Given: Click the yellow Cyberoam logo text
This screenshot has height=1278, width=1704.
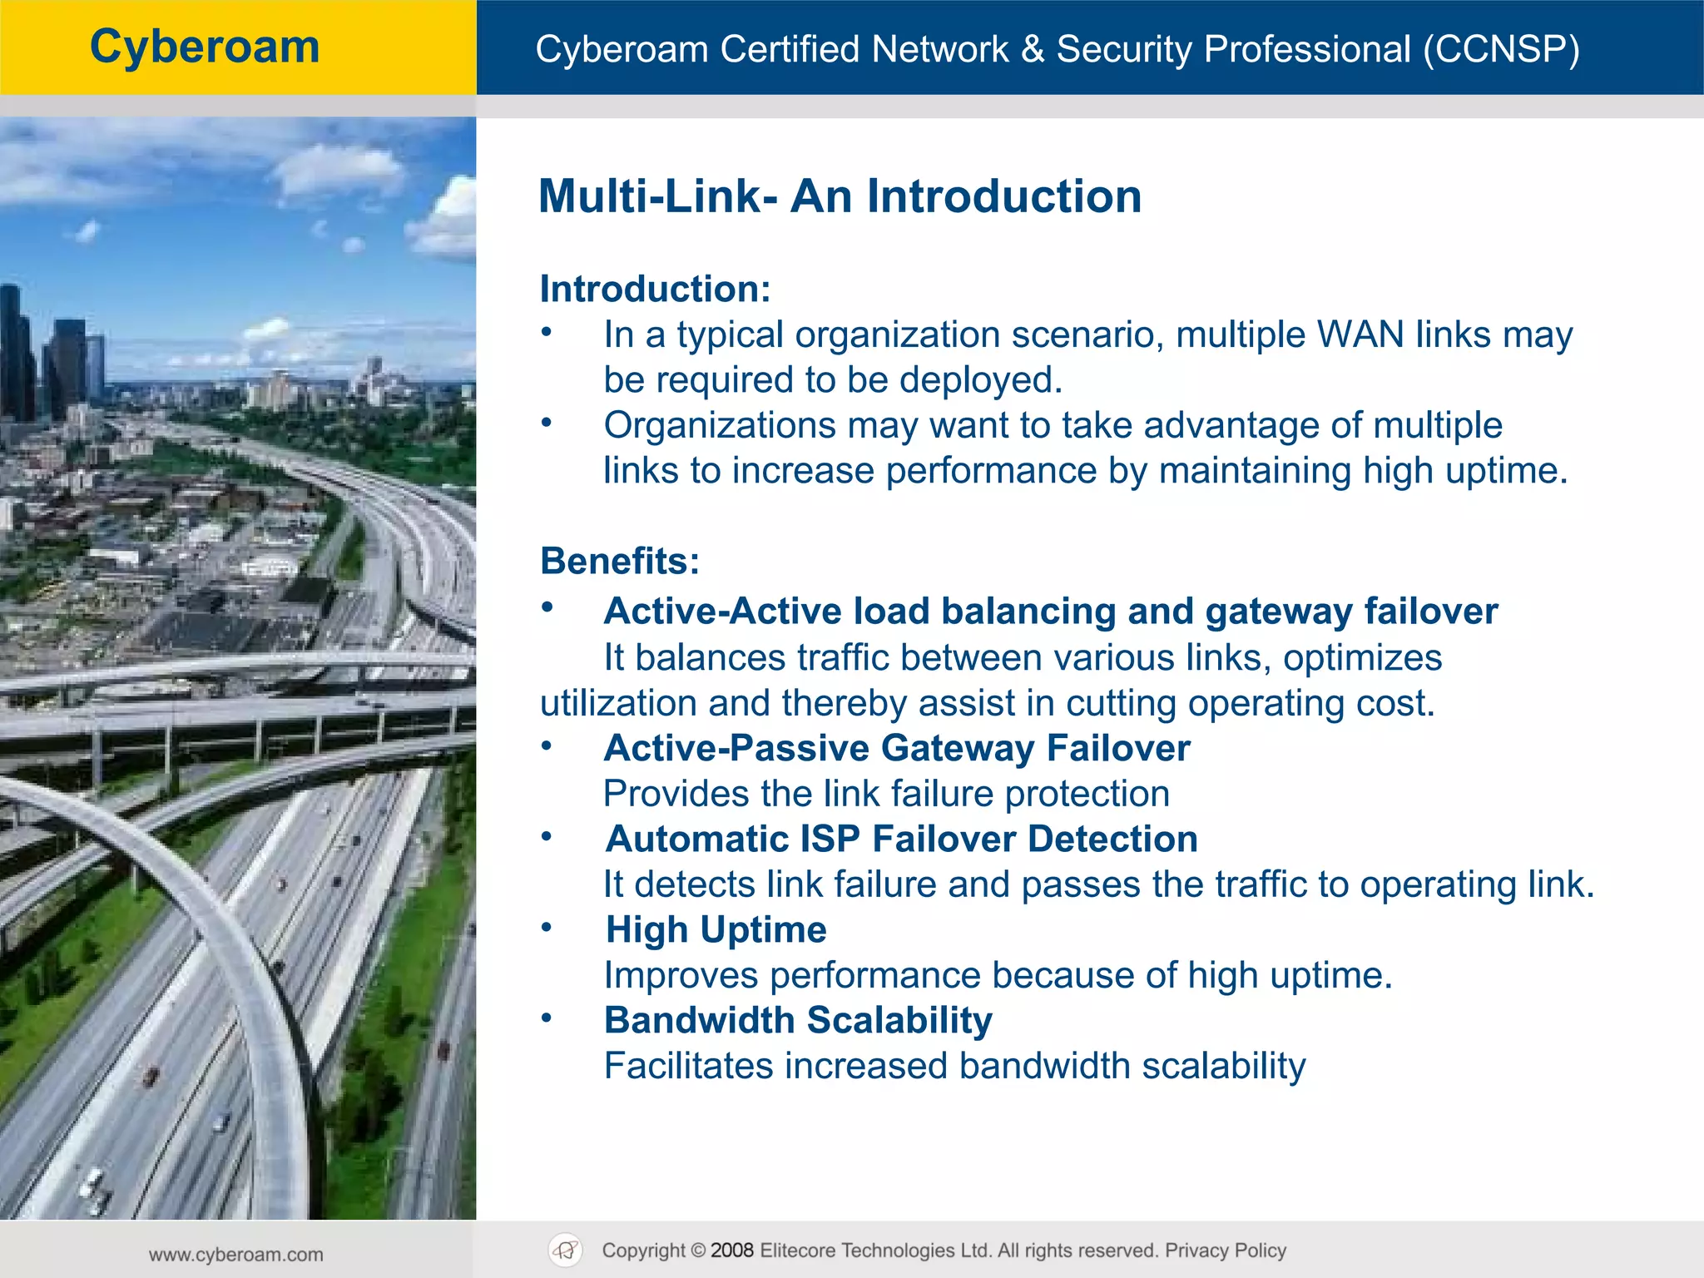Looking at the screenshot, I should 205,47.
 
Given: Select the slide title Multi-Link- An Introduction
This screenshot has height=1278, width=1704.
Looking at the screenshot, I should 840,197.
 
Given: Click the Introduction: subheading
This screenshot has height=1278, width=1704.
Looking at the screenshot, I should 655,290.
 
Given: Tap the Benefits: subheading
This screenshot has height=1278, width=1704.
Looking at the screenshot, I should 619,561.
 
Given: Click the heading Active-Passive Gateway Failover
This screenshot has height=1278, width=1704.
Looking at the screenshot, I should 897,748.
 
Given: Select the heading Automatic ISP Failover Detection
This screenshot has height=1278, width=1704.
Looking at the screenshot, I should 902,839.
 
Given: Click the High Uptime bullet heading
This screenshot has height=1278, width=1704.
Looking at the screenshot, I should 716,929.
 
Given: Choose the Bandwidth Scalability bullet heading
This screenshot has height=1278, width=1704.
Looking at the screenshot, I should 798,1020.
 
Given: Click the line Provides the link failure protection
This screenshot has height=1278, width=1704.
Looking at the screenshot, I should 886,794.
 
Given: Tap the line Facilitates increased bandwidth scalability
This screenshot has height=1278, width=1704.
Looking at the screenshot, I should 954,1066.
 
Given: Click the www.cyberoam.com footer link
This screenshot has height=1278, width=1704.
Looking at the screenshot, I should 236,1255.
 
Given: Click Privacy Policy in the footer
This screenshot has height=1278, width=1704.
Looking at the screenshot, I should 1225,1251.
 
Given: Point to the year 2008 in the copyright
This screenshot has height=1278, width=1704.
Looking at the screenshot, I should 731,1251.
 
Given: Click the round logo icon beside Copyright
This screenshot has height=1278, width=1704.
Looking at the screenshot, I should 566,1251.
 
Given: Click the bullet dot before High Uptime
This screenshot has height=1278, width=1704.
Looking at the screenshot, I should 547,927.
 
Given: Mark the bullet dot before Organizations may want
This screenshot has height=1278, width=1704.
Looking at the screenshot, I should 547,423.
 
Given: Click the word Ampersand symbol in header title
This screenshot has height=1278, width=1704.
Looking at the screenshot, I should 1032,49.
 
